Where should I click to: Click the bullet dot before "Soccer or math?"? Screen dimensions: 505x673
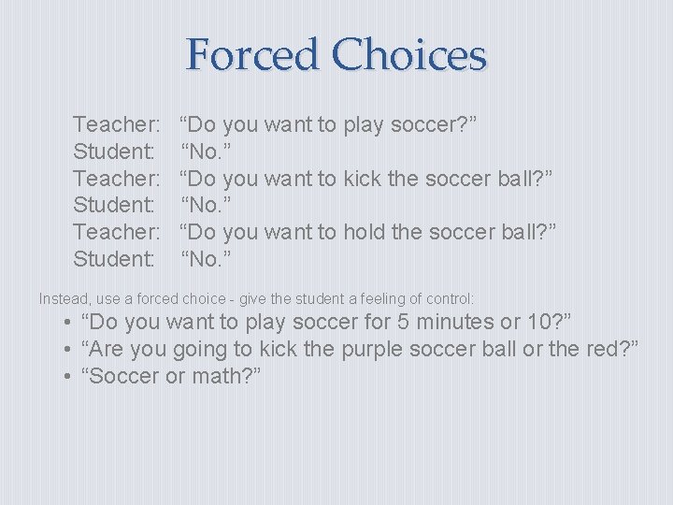pos(69,376)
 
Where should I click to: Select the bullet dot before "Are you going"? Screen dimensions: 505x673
pos(69,349)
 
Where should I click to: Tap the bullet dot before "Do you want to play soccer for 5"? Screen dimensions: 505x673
pos(69,323)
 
